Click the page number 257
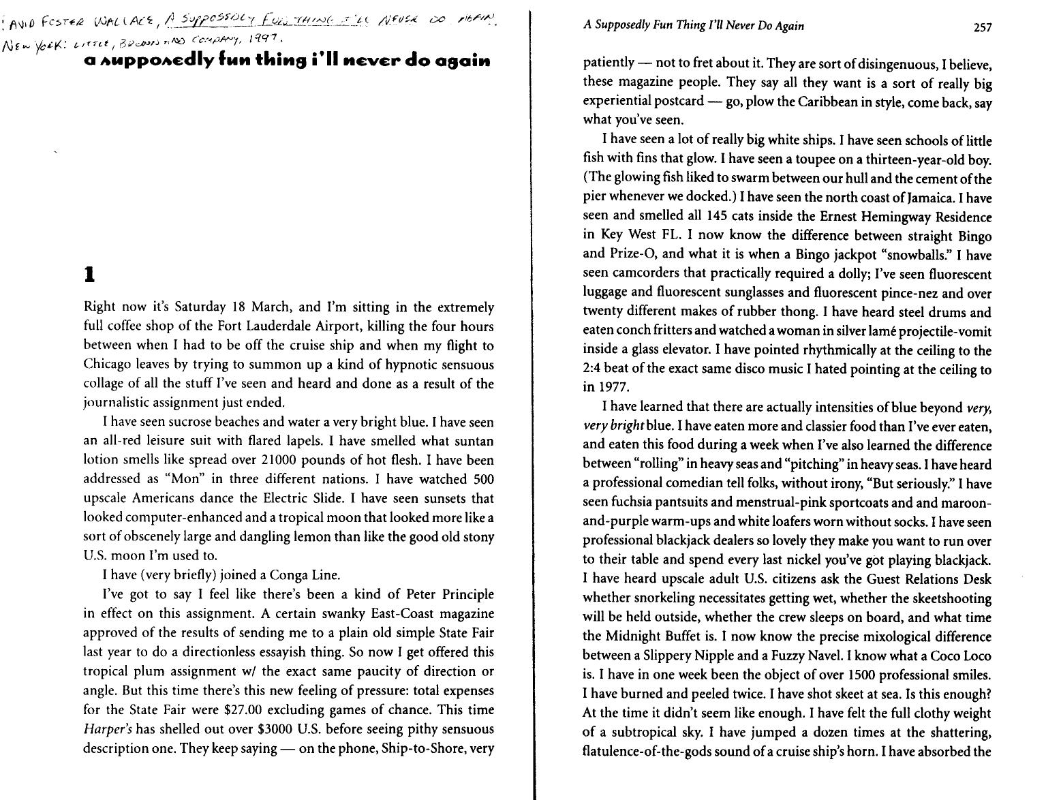click(983, 27)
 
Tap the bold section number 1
click(88, 275)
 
